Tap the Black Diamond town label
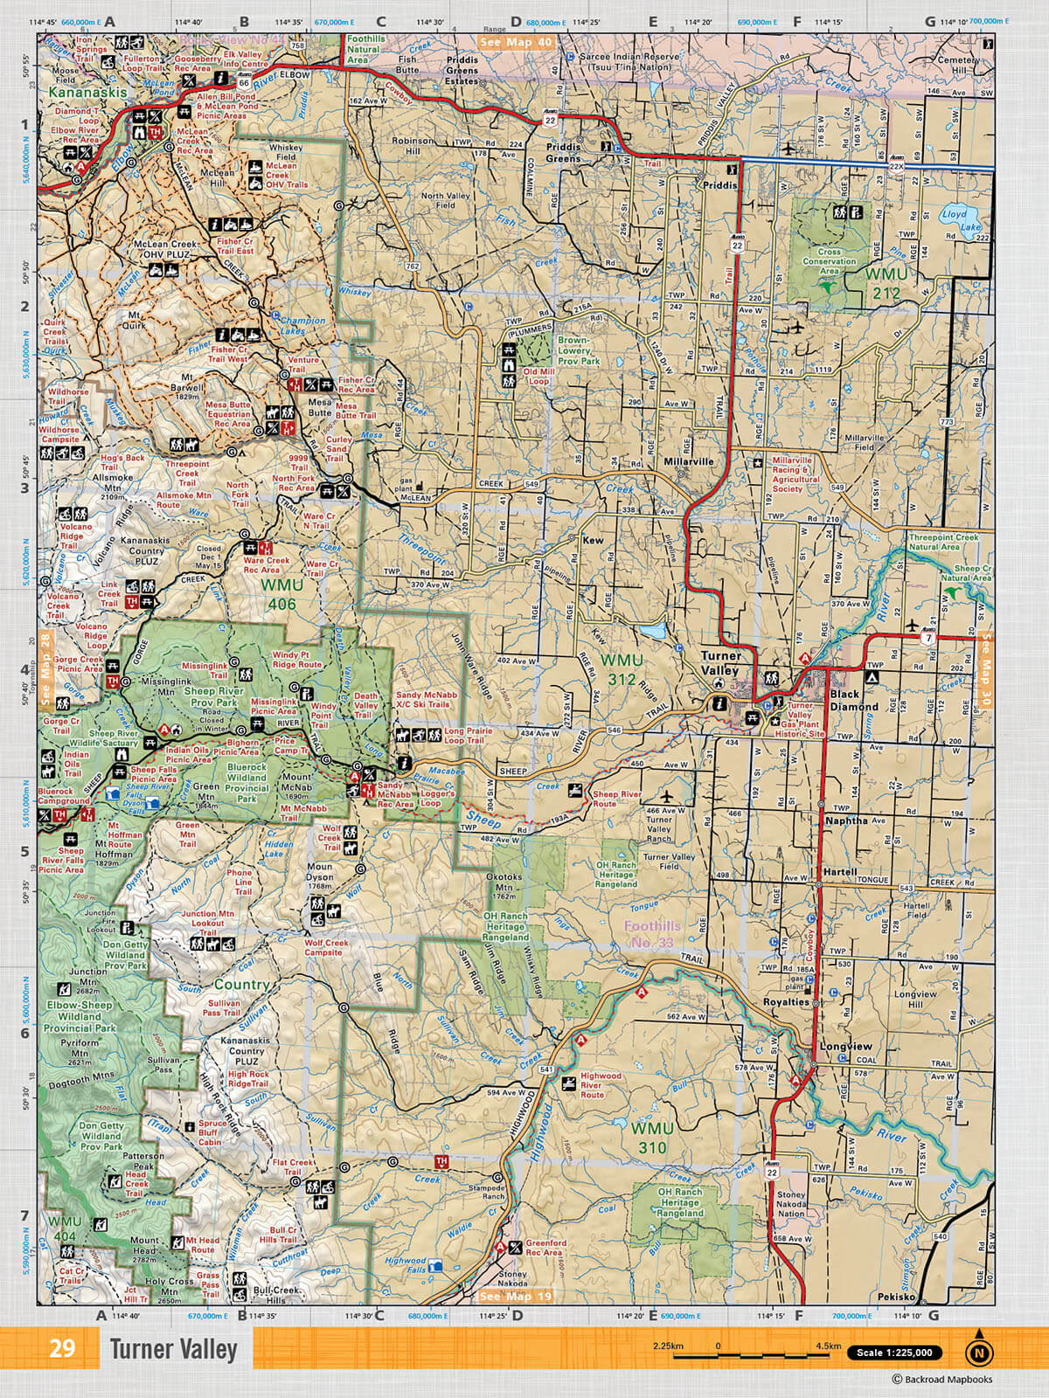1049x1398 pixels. pyautogui.click(x=854, y=700)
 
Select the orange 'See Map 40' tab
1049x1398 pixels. pyautogui.click(x=517, y=42)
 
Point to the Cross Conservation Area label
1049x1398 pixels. pyautogui.click(x=830, y=261)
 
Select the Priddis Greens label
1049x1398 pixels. pyautogui.click(x=563, y=154)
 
